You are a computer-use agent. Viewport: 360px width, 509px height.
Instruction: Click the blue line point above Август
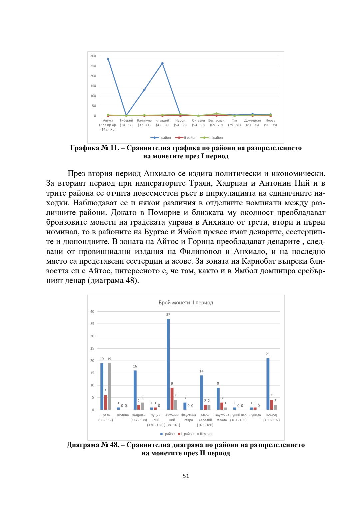(x=108, y=59)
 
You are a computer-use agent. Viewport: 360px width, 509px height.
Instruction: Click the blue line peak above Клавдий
(x=162, y=63)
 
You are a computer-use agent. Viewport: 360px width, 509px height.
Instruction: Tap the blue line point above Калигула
(x=144, y=90)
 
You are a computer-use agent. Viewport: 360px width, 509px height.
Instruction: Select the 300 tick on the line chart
(x=93, y=56)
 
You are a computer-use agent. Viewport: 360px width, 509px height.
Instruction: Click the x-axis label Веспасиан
(x=216, y=121)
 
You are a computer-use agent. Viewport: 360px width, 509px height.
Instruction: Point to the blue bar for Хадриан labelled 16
(x=135, y=390)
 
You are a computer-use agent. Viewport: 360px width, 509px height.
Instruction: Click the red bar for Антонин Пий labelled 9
(x=172, y=398)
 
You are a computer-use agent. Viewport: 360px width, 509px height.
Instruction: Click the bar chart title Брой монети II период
(x=186, y=303)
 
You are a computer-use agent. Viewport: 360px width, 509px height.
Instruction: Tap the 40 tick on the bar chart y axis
(x=92, y=312)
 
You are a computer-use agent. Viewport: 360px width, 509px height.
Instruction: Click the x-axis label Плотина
(x=122, y=415)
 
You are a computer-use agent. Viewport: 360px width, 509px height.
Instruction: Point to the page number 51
(x=186, y=476)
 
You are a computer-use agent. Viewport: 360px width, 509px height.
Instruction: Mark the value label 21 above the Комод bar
(x=268, y=354)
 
